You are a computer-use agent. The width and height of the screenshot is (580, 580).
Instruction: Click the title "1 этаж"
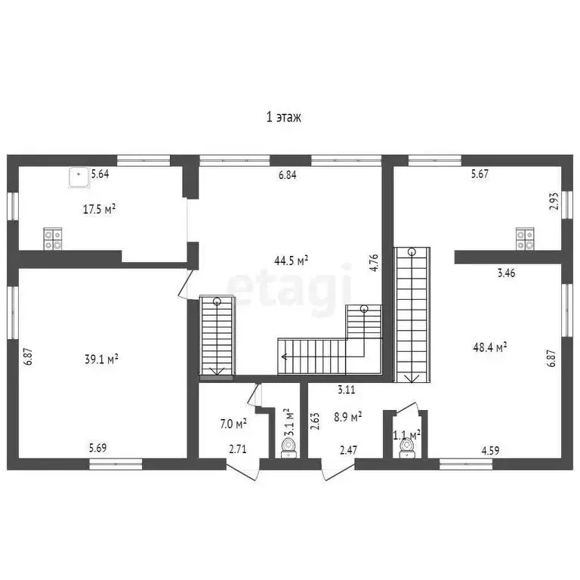point(284,117)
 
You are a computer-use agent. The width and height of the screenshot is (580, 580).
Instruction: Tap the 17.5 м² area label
point(99,209)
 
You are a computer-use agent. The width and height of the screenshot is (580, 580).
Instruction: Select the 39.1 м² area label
point(101,359)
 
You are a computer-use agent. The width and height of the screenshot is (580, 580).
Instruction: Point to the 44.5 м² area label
point(291,261)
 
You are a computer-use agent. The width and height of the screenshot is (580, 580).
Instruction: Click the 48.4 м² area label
point(489,347)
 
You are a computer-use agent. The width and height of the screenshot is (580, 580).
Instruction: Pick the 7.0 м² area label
point(233,423)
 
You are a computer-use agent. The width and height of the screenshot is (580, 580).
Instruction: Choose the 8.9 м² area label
point(347,417)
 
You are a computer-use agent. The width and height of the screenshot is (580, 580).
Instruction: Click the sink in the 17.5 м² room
point(79,177)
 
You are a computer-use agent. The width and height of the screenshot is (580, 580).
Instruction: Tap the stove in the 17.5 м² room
point(53,239)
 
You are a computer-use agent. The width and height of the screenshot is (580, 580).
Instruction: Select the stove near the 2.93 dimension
point(526,239)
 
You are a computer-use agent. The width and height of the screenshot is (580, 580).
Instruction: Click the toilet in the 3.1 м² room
point(288,448)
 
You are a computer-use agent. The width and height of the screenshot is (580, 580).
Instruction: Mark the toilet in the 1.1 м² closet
point(406,449)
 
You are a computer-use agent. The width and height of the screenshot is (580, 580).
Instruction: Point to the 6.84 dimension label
point(288,174)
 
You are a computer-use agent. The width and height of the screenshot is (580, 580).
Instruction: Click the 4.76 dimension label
point(374,263)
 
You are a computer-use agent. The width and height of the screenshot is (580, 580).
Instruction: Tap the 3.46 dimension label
point(506,273)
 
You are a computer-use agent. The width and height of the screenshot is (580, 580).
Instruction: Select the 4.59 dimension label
point(490,450)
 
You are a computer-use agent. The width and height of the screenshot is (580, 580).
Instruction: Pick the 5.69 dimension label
point(97,448)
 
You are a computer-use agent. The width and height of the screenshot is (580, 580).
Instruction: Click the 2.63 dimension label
point(315,421)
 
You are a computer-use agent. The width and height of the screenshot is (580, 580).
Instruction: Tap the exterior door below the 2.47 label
point(338,470)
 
